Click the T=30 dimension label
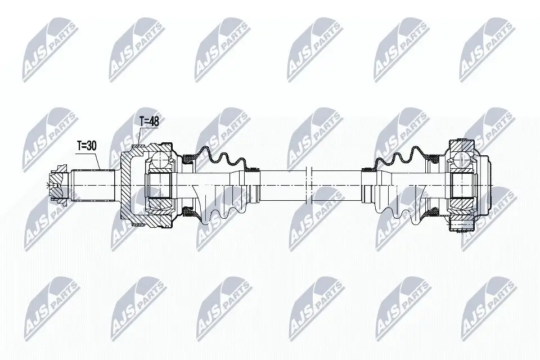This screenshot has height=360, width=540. coord(88,146)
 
